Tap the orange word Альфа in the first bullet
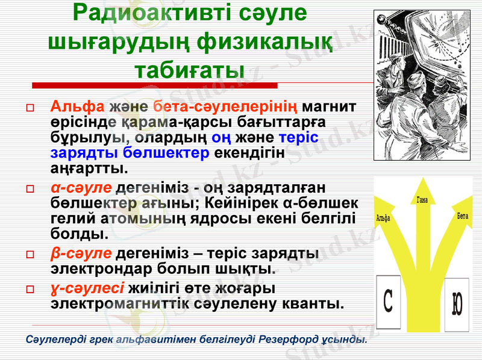coord(77,107)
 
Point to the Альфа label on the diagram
coord(382,219)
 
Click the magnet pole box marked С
coord(390,300)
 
